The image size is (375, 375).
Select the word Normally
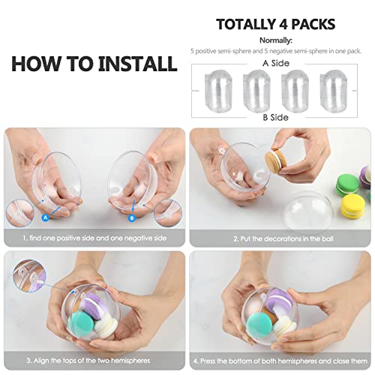(x=275, y=40)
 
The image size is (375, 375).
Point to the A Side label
(x=275, y=64)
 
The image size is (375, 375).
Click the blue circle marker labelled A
(x=45, y=217)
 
